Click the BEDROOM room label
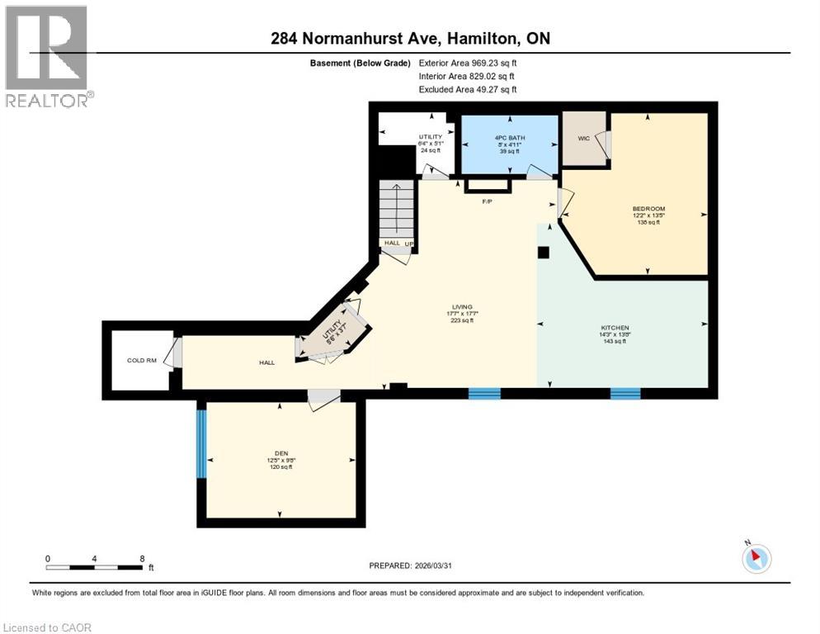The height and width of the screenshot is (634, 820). coord(648,209)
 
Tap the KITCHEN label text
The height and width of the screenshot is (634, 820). coord(614,329)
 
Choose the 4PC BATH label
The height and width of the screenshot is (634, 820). coord(509,138)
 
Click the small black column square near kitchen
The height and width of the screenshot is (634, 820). coord(543,253)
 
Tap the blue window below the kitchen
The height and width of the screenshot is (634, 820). coord(625,394)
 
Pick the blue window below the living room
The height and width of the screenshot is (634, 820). coord(484,394)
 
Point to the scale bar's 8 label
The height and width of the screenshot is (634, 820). coord(143,558)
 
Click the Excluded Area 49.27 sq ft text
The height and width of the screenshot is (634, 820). coord(468,89)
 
